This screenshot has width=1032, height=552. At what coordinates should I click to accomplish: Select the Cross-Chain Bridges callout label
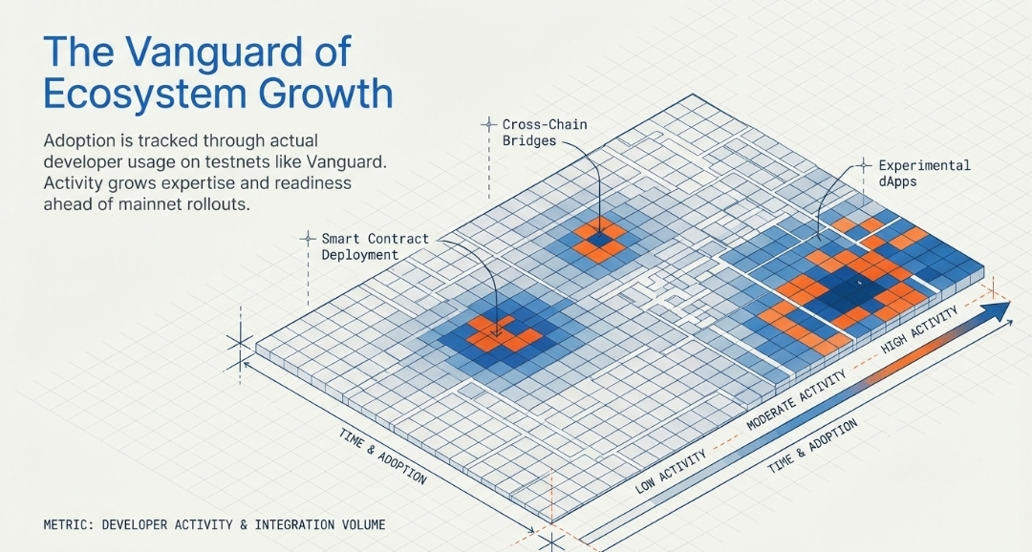tap(545, 132)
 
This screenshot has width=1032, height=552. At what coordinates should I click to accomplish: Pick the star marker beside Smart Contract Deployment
tap(308, 238)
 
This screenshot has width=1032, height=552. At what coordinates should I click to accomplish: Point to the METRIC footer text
tap(214, 524)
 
